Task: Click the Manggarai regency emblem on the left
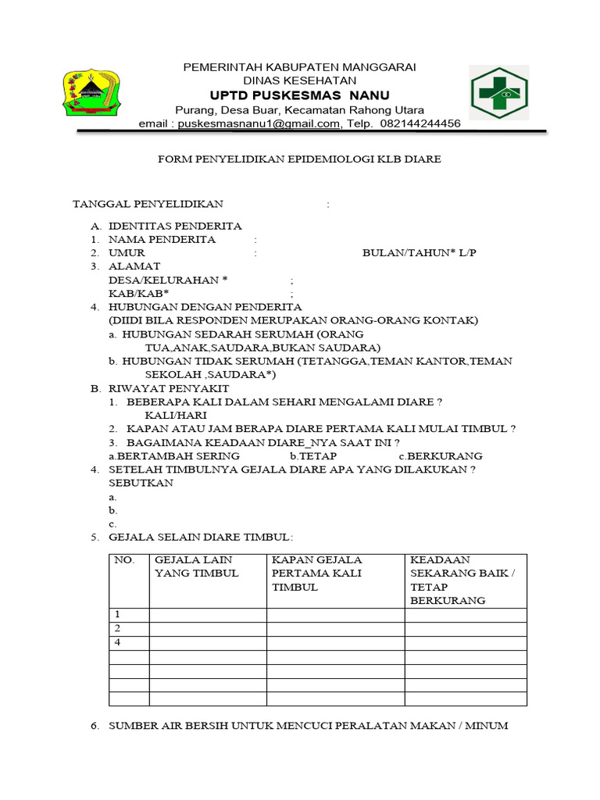pyautogui.click(x=93, y=94)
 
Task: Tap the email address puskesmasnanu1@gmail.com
pyautogui.click(x=258, y=123)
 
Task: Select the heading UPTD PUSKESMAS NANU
pyautogui.click(x=299, y=95)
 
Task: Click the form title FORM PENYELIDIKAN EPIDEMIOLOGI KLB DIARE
pyautogui.click(x=299, y=159)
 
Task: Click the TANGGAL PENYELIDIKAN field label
pyautogui.click(x=148, y=205)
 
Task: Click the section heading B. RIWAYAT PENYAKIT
pyautogui.click(x=159, y=388)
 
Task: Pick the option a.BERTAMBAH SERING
pyautogui.click(x=173, y=455)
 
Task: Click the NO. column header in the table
pyautogui.click(x=125, y=560)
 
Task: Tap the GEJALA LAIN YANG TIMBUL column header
pyautogui.click(x=197, y=566)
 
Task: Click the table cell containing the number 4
pyautogui.click(x=118, y=642)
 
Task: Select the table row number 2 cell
pyautogui.click(x=118, y=628)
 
